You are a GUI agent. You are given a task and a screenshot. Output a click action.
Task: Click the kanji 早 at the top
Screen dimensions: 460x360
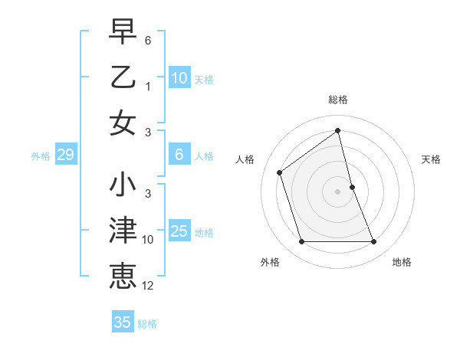[x=123, y=33]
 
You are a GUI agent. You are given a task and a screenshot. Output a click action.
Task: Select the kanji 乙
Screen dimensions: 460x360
[x=123, y=77]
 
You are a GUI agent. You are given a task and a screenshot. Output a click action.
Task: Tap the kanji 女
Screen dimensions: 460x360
[x=123, y=123]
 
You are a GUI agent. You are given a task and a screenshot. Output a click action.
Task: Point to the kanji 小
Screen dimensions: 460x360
[x=123, y=186]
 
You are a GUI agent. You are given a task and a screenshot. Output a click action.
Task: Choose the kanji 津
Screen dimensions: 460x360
[x=123, y=231]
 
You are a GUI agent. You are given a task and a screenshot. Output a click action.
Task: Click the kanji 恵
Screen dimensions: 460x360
[x=123, y=277]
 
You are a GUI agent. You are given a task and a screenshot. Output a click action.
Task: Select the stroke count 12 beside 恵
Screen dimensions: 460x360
[x=148, y=286]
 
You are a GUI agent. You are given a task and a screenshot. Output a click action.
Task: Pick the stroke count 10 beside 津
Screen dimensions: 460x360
[x=148, y=240]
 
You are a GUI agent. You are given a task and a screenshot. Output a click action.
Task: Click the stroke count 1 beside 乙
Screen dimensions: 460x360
[x=148, y=86]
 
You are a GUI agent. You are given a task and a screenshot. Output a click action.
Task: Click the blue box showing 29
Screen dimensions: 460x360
[x=65, y=155]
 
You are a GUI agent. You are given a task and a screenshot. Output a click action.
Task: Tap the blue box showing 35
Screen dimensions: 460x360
[x=123, y=322]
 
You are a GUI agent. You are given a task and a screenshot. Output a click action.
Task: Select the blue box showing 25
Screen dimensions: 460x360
[x=179, y=231]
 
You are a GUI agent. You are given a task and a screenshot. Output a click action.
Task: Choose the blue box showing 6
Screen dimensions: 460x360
[x=179, y=155]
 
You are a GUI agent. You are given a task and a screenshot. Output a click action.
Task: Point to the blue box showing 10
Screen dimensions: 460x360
[x=179, y=78]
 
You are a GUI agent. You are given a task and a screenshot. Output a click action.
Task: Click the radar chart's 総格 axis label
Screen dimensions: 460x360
[x=338, y=100]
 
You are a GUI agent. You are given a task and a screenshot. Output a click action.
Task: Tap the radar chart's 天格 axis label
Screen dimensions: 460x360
[x=432, y=159]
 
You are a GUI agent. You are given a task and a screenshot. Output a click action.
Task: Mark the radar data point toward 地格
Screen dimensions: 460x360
[x=374, y=242]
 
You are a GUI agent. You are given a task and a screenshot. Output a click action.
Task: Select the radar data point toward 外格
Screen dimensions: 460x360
[x=301, y=242]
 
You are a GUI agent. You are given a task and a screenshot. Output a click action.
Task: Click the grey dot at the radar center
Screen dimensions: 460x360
[x=338, y=191]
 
